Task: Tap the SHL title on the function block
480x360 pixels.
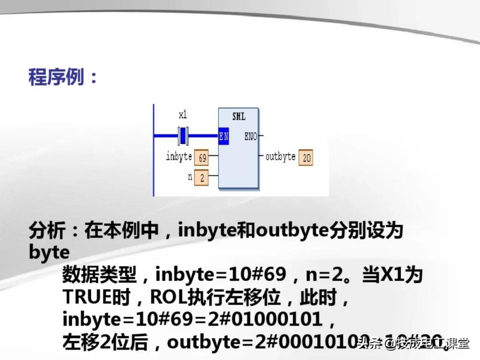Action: point(239,117)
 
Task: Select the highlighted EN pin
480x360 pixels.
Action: point(224,136)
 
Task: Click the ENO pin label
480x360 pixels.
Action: point(251,136)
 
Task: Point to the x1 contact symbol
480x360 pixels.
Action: point(183,136)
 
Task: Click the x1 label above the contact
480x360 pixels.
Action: point(183,115)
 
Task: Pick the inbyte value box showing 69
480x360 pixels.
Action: point(202,158)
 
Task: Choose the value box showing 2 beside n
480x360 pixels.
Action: point(202,178)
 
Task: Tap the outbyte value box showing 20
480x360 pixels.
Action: point(306,158)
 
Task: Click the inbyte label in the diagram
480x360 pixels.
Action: point(179,156)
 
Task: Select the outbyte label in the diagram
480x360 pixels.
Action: point(280,156)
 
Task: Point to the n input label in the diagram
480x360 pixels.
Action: point(190,176)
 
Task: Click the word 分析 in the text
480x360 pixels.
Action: point(47,231)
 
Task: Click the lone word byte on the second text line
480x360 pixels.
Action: point(49,252)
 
